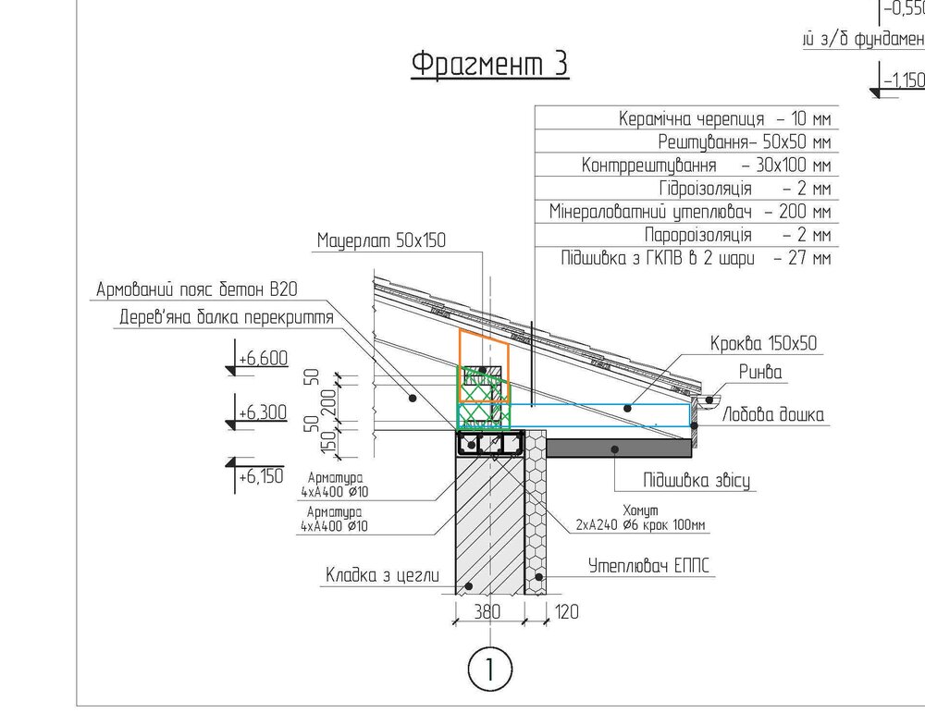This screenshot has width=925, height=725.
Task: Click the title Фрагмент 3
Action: coord(489,65)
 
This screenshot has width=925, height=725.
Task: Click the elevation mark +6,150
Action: coord(259,477)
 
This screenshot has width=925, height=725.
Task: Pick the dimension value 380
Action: coord(488,611)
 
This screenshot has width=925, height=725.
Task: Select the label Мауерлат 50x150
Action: coord(381,241)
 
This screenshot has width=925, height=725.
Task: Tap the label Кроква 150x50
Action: coord(764,344)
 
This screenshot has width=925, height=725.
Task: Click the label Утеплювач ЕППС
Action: coord(653,564)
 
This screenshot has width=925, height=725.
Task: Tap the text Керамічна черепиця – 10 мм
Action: coord(724,119)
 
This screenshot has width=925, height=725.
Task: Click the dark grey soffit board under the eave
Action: coord(620,448)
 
